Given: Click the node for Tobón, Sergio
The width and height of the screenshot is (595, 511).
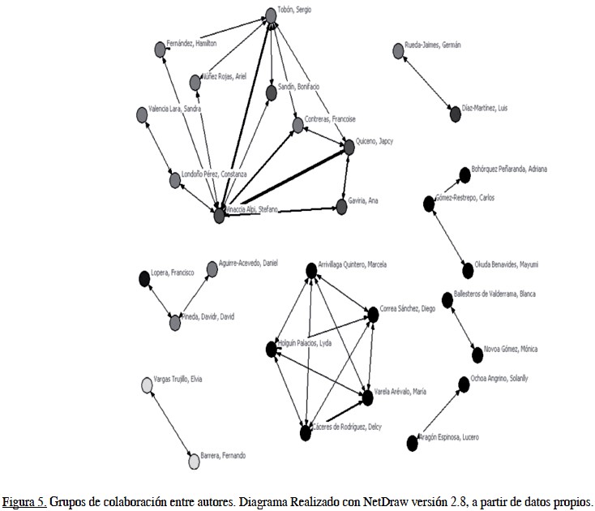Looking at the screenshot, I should coord(272,15).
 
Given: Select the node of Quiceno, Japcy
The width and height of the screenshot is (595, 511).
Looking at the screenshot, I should coord(349,147).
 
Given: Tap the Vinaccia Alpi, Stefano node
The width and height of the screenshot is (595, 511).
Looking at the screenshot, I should coord(219,215).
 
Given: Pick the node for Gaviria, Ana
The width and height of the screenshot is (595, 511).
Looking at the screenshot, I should coord(341,206).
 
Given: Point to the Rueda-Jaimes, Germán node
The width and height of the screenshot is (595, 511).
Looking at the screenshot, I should coord(398,51).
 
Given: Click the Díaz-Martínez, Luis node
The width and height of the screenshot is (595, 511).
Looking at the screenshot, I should coord(456,114).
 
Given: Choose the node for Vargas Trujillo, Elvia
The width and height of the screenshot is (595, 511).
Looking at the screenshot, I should coord(146,385).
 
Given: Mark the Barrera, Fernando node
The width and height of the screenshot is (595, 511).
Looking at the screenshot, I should coord(194,462).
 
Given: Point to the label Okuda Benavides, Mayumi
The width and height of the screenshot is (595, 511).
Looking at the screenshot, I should coord(507,264).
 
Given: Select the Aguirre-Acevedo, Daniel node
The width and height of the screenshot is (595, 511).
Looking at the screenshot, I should coord(212,268).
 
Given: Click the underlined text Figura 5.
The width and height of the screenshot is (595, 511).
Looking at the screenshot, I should coord(24,500).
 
